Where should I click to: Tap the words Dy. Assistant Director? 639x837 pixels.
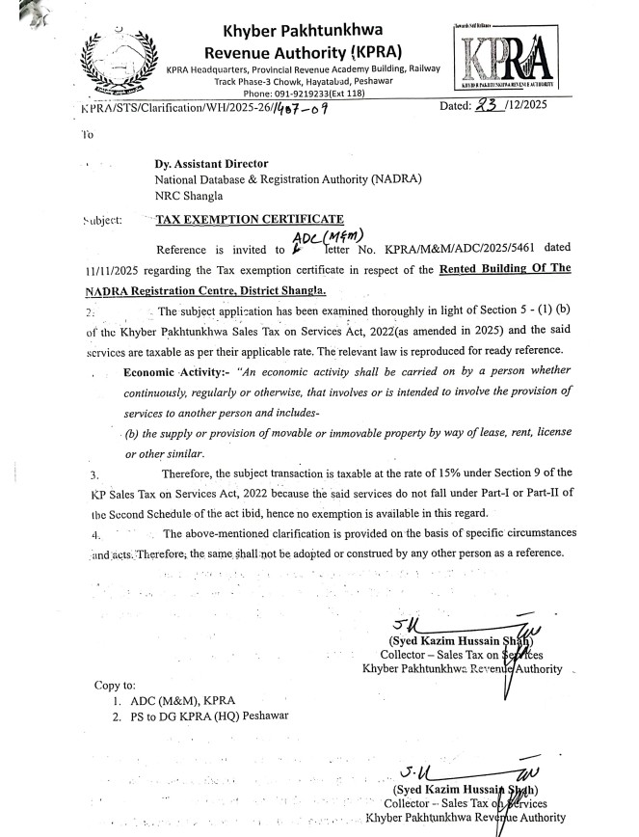tap(212, 164)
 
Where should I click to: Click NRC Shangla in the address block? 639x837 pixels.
tap(190, 194)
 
